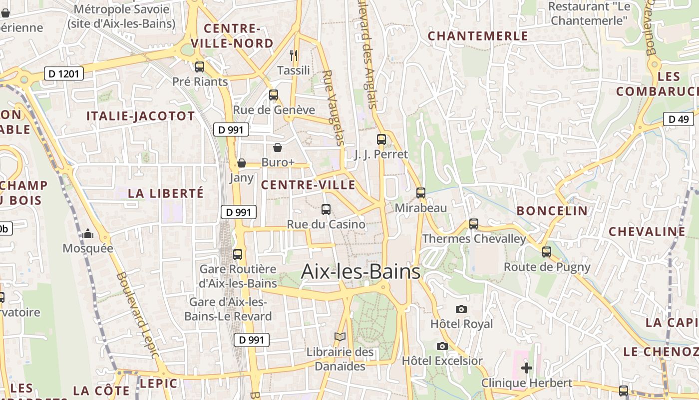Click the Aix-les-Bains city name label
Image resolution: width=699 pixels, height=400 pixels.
360,271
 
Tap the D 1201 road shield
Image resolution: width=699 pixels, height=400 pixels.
63,74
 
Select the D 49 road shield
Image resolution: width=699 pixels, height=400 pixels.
678,119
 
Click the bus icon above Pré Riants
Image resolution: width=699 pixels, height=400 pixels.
200,66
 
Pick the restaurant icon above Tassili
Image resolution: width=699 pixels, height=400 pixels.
294,55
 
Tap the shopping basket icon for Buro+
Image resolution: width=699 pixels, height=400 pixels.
278,147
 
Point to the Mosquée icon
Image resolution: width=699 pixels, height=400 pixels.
88,233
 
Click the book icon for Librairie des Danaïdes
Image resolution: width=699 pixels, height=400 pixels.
340,337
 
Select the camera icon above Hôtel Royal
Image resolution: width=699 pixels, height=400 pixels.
461,309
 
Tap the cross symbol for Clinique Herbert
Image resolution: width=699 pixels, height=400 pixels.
526,368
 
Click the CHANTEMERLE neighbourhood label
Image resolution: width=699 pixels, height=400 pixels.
478,36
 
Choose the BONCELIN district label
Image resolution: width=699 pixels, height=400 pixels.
552,210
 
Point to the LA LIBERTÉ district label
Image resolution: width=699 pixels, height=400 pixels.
166,193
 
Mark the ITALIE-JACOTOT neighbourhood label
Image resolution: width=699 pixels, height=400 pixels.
140,116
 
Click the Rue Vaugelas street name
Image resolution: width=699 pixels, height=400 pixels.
334,107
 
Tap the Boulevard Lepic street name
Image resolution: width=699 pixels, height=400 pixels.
137,315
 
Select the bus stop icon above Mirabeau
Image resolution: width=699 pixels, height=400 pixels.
421,193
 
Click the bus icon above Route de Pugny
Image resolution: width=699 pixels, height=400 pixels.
547,252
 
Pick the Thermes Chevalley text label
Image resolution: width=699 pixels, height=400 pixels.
474,238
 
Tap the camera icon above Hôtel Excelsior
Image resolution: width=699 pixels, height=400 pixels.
442,346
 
